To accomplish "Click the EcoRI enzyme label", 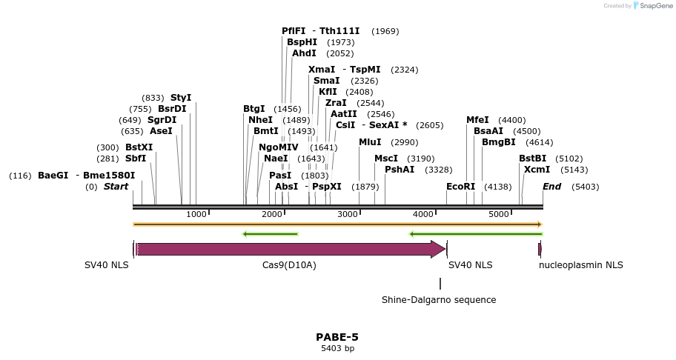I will point(460,187).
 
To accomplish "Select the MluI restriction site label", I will point(370,142).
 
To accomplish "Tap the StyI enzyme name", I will point(181,98).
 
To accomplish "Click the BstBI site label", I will point(532,159).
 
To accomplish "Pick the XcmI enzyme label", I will point(537,170).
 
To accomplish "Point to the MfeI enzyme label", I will point(477,120).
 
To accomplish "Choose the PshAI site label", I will point(400,170).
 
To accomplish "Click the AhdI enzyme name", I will point(304,53).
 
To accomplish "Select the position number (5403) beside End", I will point(586,187).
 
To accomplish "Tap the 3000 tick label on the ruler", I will point(348,214).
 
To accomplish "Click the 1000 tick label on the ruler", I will point(196,214).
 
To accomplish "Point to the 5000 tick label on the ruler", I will point(499,214).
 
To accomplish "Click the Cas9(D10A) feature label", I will point(289,265).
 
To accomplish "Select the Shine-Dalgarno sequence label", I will point(439,300).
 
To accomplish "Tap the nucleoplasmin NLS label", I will point(581,265).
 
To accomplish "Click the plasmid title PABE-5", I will point(337,337).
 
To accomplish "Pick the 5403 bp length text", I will point(337,348).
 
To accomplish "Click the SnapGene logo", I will point(651,6).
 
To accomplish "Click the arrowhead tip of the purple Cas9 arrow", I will point(445,249).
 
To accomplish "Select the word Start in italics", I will point(116,187).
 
